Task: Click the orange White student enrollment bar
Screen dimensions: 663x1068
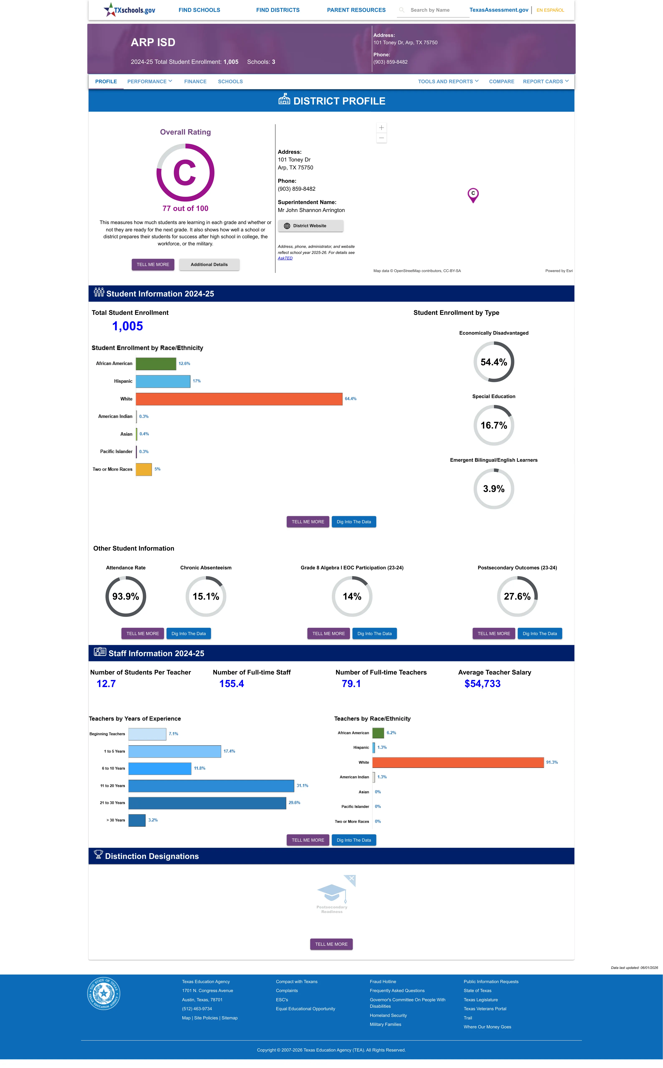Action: coord(239,399)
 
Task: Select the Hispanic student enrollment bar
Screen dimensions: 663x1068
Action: coord(163,381)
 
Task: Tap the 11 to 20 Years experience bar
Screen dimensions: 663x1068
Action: coord(211,786)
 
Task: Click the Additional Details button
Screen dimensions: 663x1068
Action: coord(209,265)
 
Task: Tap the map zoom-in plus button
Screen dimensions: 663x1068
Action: coord(381,127)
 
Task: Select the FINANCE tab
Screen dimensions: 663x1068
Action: coord(195,82)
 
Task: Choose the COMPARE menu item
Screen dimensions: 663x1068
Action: coord(502,82)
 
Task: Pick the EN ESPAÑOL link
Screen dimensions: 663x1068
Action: coord(550,10)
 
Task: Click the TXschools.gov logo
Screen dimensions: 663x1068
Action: coord(129,10)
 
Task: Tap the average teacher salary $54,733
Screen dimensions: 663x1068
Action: coord(482,684)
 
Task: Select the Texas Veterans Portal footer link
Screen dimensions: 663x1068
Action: coord(485,1009)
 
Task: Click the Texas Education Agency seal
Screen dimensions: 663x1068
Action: coord(104,994)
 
